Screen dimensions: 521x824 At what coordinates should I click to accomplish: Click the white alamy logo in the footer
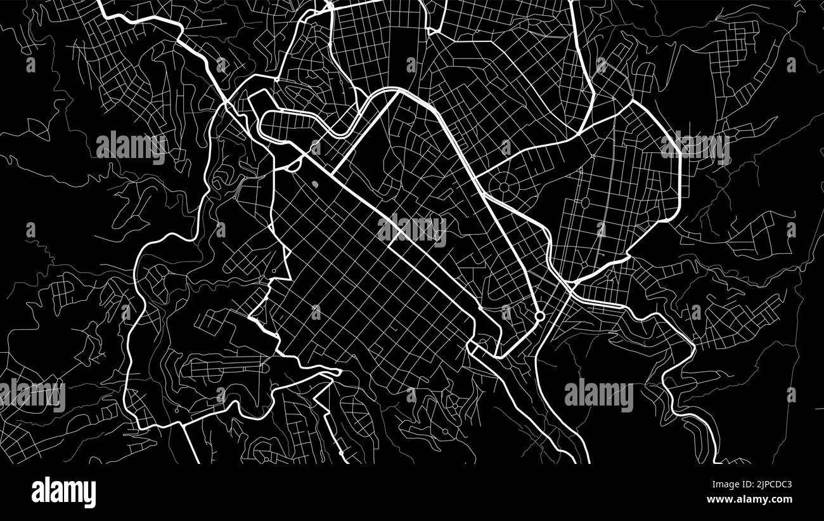[63, 492]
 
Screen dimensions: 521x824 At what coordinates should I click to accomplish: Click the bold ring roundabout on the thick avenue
[539, 315]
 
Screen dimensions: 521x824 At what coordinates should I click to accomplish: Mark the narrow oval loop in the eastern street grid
[584, 203]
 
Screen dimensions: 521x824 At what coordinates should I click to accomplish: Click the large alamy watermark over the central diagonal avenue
[412, 230]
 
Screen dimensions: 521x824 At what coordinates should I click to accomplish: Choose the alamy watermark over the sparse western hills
[131, 147]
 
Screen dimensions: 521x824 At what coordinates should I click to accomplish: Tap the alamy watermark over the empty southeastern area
[598, 395]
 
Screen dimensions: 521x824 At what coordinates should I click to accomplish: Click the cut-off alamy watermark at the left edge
[32, 395]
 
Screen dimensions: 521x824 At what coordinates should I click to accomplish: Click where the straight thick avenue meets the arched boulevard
[398, 92]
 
